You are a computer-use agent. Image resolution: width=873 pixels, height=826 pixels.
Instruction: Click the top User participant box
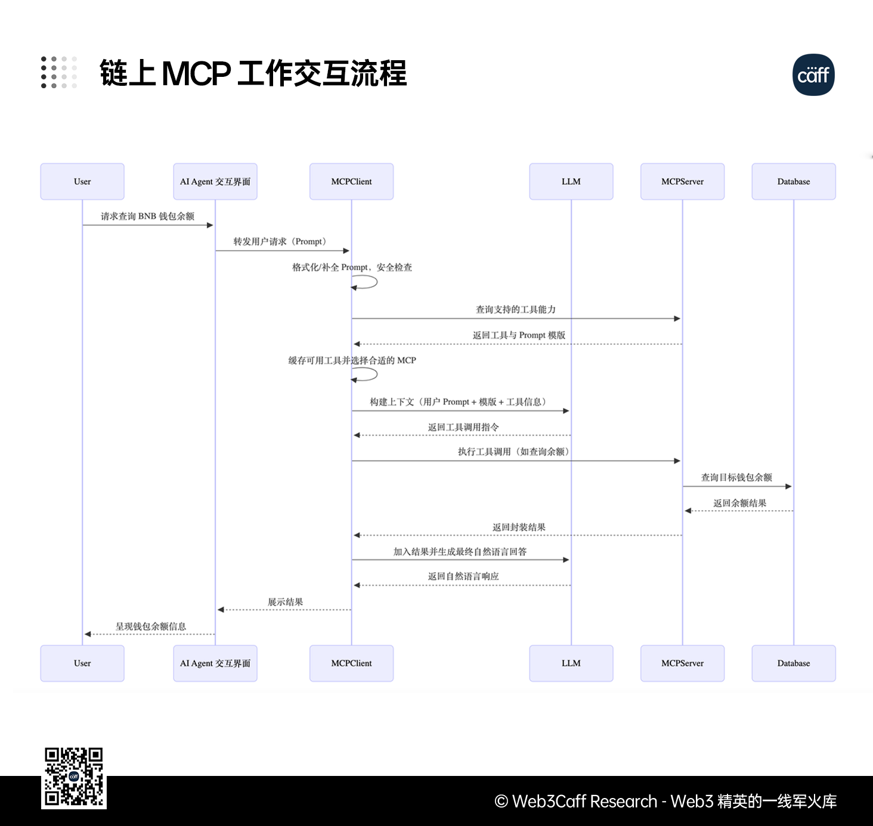[82, 182]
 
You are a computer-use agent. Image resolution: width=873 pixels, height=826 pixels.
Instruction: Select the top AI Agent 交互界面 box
[215, 182]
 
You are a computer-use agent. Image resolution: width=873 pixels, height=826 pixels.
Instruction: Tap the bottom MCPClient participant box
[351, 663]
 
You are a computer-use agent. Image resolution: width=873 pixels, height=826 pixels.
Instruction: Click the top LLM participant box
[571, 182]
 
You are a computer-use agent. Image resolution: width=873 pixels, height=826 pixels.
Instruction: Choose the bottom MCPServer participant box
[682, 663]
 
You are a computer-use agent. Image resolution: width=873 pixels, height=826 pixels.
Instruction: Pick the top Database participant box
[793, 182]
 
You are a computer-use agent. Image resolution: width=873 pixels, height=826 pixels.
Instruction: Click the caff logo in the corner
[813, 75]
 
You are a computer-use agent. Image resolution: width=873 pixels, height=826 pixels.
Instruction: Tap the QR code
[74, 777]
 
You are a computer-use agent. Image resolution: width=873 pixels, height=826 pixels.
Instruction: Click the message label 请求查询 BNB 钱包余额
[147, 216]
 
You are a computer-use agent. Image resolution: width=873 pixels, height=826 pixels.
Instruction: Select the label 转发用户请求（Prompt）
[280, 241]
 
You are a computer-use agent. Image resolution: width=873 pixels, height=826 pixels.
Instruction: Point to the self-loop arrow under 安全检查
[366, 282]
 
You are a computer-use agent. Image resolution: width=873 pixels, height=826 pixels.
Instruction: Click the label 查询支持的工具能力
[516, 309]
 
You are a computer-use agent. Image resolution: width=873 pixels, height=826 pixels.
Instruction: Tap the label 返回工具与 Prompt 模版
[519, 335]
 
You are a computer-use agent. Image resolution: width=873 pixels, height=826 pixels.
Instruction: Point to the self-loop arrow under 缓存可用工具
[366, 375]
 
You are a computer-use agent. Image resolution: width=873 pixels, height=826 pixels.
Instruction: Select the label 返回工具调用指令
[463, 427]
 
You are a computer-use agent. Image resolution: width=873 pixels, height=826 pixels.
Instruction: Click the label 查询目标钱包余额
[736, 477]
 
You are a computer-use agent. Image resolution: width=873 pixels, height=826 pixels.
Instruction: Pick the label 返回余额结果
[739, 503]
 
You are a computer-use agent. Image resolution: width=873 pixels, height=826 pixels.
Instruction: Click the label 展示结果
[285, 602]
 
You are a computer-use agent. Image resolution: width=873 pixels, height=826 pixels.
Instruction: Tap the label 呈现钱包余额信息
[151, 626]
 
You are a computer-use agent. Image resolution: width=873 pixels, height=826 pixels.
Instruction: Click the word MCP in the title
[196, 74]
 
